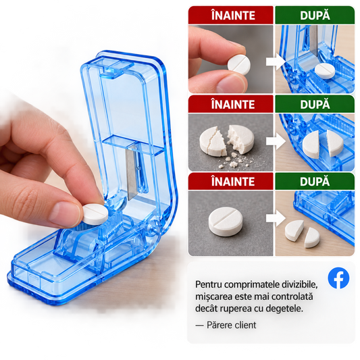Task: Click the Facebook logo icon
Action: [x=338, y=278]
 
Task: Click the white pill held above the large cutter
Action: [x=95, y=214]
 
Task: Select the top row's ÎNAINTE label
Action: [x=233, y=16]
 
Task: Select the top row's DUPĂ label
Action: [x=315, y=15]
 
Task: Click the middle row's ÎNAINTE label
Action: [x=233, y=105]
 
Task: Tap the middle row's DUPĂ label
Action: [x=315, y=104]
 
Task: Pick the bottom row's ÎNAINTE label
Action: [x=233, y=182]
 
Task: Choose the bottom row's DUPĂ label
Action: [x=315, y=181]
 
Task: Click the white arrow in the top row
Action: [x=276, y=61]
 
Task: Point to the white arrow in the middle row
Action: [x=276, y=142]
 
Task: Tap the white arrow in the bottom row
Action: [x=276, y=219]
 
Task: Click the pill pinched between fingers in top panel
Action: [x=239, y=65]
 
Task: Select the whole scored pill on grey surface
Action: [x=225, y=222]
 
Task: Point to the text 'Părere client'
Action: [x=231, y=325]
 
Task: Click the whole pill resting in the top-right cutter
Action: [x=325, y=71]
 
